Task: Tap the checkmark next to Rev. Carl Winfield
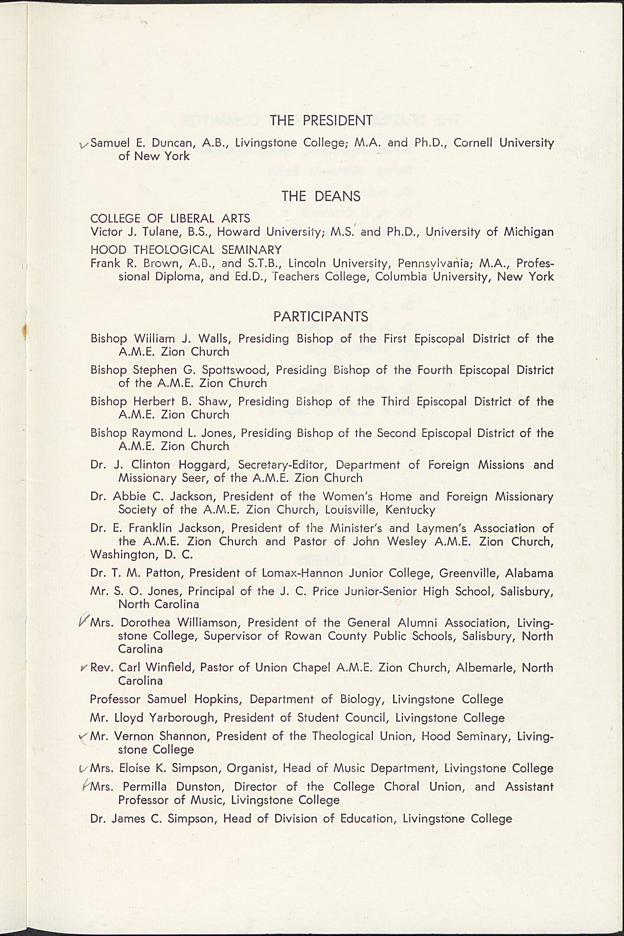coord(84,668)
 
